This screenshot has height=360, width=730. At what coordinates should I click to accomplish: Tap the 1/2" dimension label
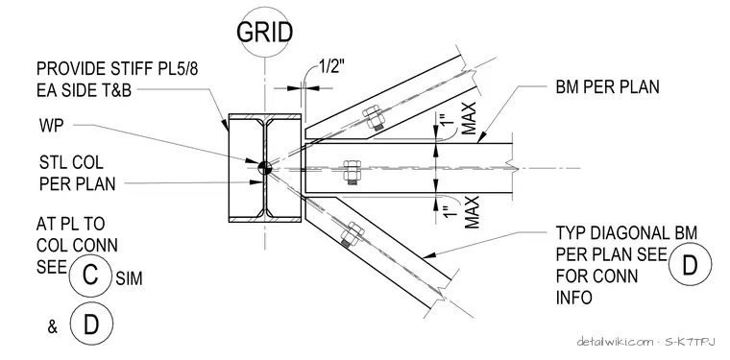coord(331,68)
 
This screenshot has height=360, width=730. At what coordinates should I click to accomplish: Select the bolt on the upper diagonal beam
coord(374,118)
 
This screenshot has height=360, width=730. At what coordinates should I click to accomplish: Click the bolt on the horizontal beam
coord(352,172)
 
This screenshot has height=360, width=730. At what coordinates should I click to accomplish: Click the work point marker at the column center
coord(264,168)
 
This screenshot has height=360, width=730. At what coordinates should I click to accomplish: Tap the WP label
coord(51,126)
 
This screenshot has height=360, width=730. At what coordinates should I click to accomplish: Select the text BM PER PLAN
coord(608,87)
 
